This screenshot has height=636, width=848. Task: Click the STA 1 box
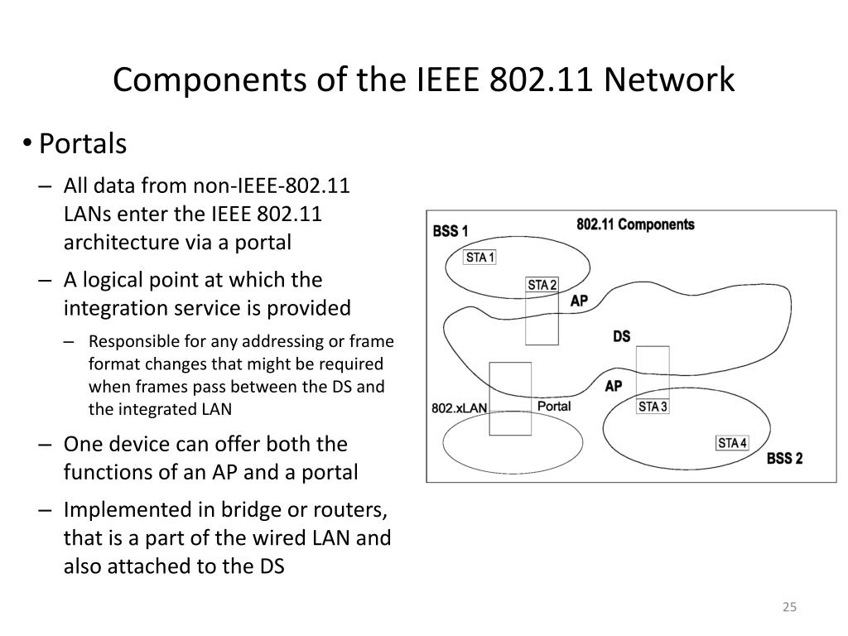(x=480, y=258)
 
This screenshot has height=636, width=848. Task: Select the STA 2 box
(x=542, y=285)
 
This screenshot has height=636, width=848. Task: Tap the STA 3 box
(x=653, y=407)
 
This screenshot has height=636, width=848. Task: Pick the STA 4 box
(x=732, y=443)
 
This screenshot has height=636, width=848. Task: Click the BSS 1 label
(x=450, y=232)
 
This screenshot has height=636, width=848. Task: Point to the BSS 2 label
(x=785, y=459)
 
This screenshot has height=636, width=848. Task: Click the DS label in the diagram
(x=621, y=336)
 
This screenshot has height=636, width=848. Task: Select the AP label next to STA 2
(x=579, y=301)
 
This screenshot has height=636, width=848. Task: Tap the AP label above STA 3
(x=614, y=386)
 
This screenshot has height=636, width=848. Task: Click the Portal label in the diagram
(x=554, y=406)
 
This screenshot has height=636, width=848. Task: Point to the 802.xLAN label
(x=459, y=408)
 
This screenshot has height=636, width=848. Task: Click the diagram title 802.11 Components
(x=635, y=224)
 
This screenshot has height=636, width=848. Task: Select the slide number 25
(x=789, y=607)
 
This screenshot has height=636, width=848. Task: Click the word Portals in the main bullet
(x=83, y=144)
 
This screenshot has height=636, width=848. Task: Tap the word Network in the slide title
(x=669, y=79)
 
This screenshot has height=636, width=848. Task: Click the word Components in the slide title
(x=210, y=80)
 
